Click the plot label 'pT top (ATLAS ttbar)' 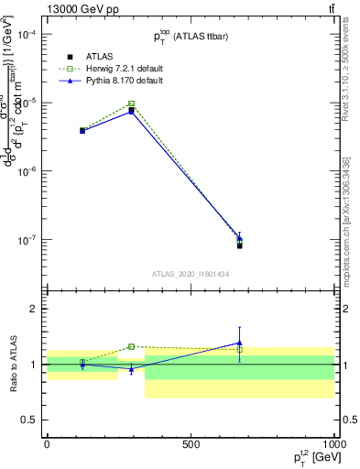click(x=191, y=36)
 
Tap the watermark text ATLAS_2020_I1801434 click(x=191, y=273)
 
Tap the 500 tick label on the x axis click(x=191, y=443)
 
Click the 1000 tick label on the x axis click(x=333, y=443)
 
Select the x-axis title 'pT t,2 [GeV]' click(x=310, y=458)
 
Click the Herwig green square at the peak click(x=132, y=104)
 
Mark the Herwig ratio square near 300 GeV click(x=132, y=346)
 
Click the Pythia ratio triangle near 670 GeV click(x=239, y=343)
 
